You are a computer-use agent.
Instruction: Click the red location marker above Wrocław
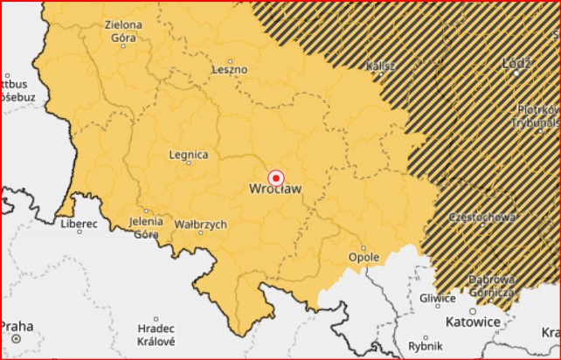[x=276, y=177]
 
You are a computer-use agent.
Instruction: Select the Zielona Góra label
[x=122, y=32]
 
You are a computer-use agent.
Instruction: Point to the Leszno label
[x=230, y=69]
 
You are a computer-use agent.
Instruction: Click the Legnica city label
[x=188, y=156]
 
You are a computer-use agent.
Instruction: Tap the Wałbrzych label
[x=201, y=225]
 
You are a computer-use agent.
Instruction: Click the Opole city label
[x=364, y=258]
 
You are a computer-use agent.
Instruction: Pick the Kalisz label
[x=382, y=66]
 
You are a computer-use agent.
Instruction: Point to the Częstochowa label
[x=480, y=216]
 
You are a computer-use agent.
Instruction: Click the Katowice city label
[x=473, y=322]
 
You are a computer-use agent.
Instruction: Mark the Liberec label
[x=79, y=224]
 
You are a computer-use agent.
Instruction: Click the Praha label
[x=17, y=327]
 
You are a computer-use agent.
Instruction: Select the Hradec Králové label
[x=156, y=335]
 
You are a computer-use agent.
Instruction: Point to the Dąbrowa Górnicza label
[x=491, y=285]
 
